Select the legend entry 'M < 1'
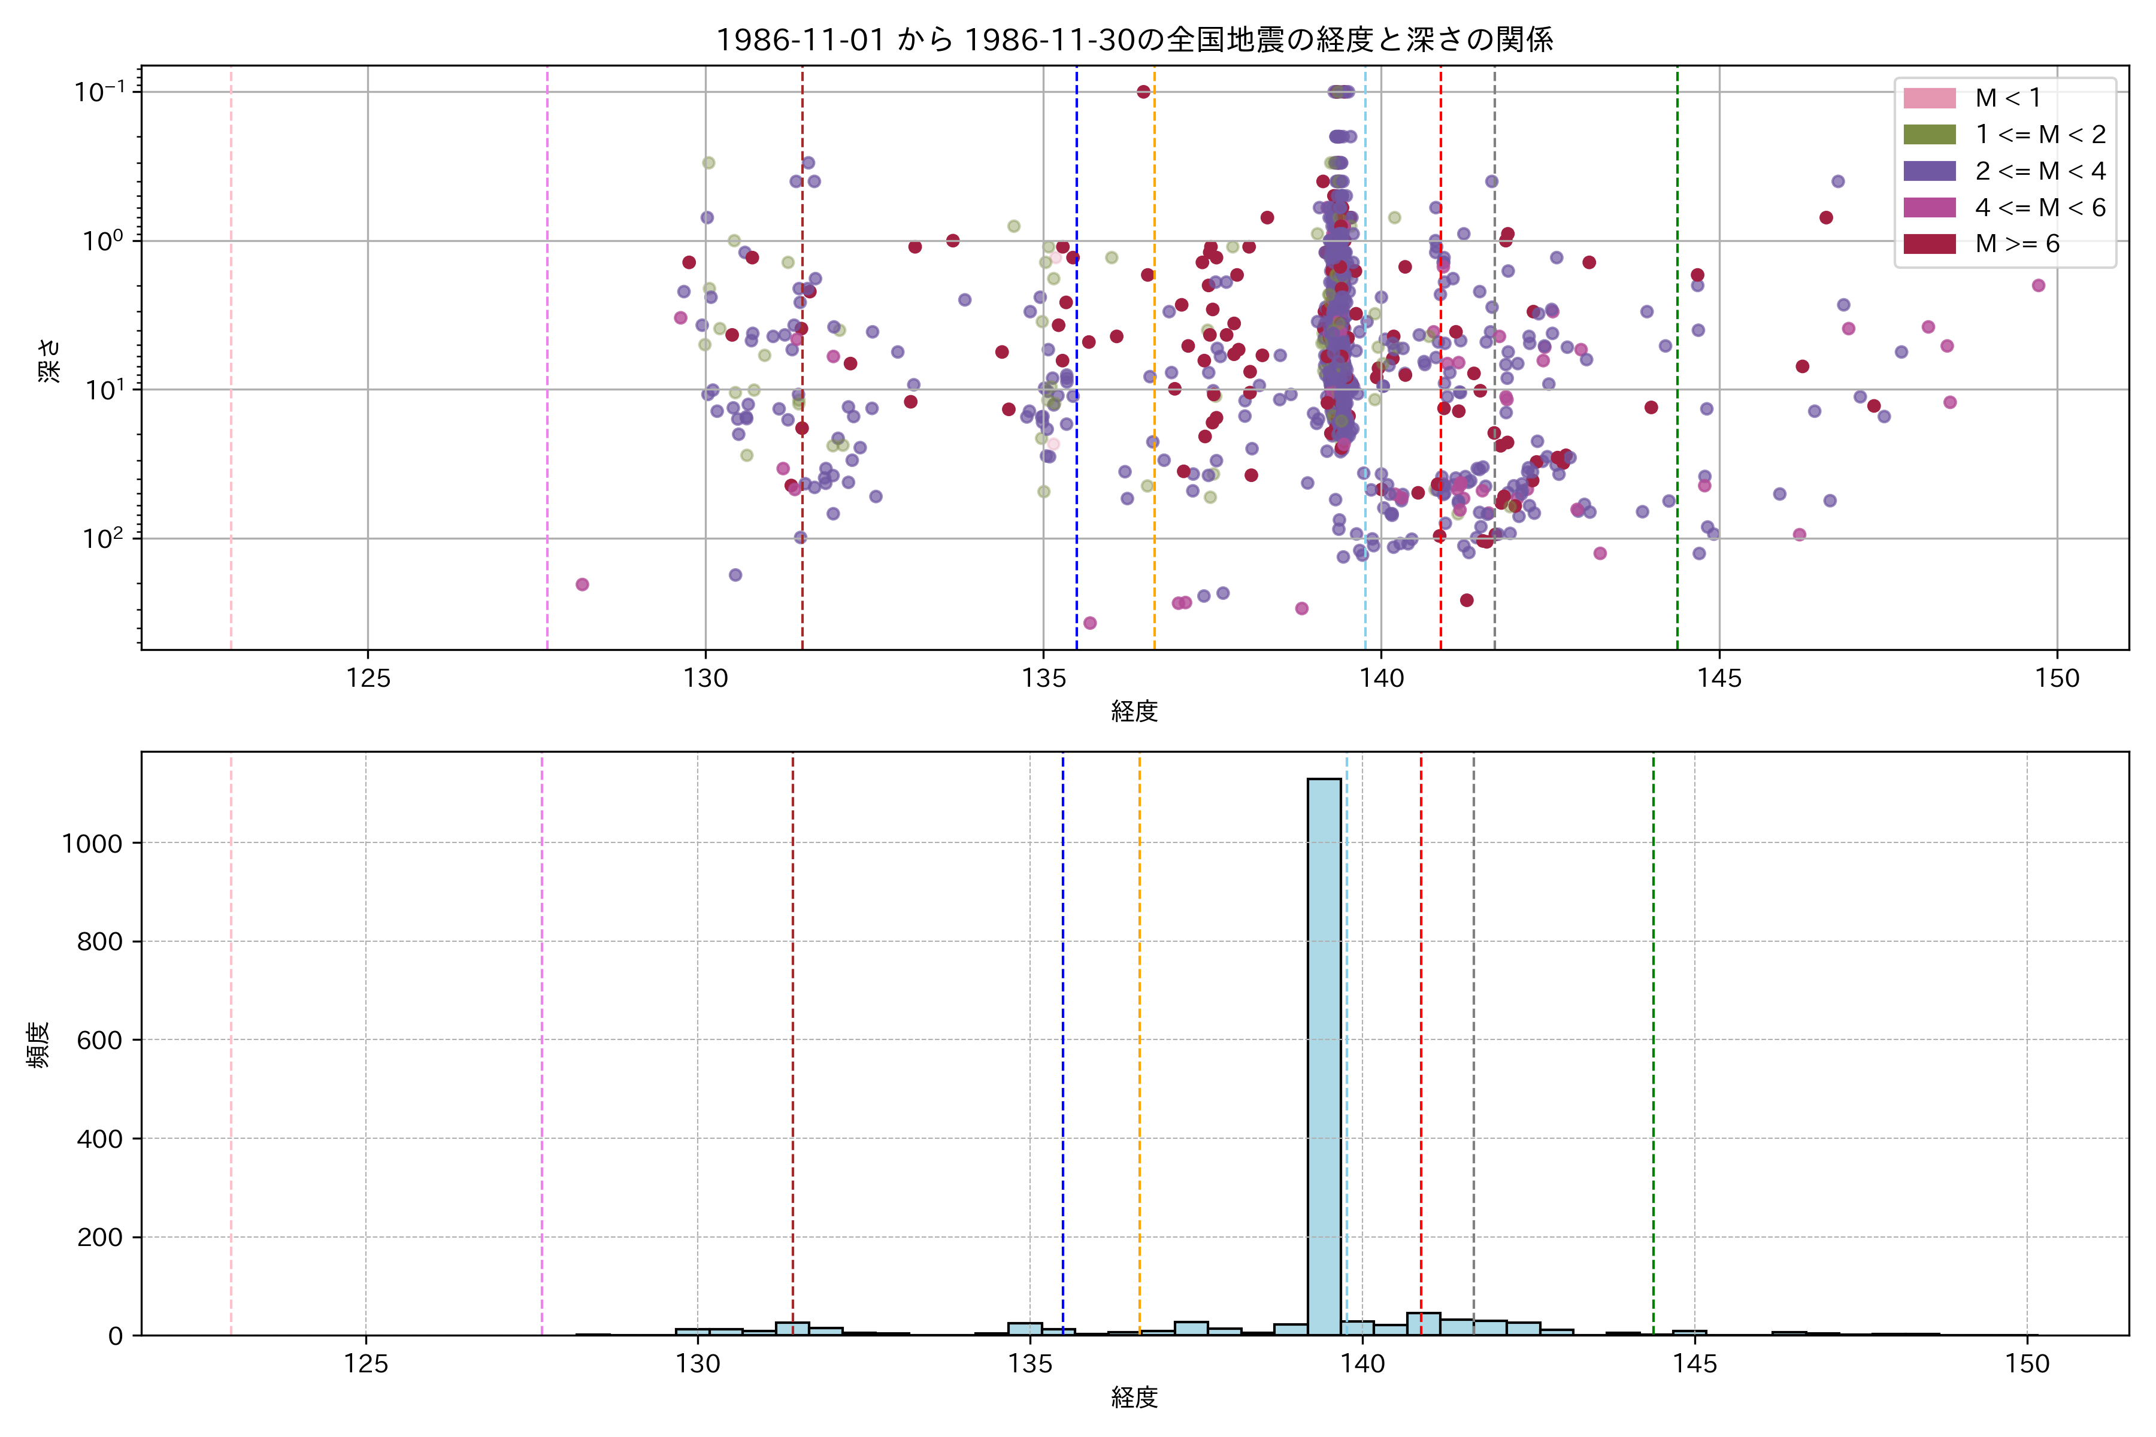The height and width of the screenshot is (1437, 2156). tap(2007, 98)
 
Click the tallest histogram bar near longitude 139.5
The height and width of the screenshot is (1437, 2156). tap(1324, 1054)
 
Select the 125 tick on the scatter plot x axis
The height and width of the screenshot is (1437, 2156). tap(368, 679)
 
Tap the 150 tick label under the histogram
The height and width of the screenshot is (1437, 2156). tap(2027, 1365)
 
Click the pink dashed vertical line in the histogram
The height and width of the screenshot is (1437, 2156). tap(231, 1045)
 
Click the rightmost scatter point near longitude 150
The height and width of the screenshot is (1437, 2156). tap(2039, 285)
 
